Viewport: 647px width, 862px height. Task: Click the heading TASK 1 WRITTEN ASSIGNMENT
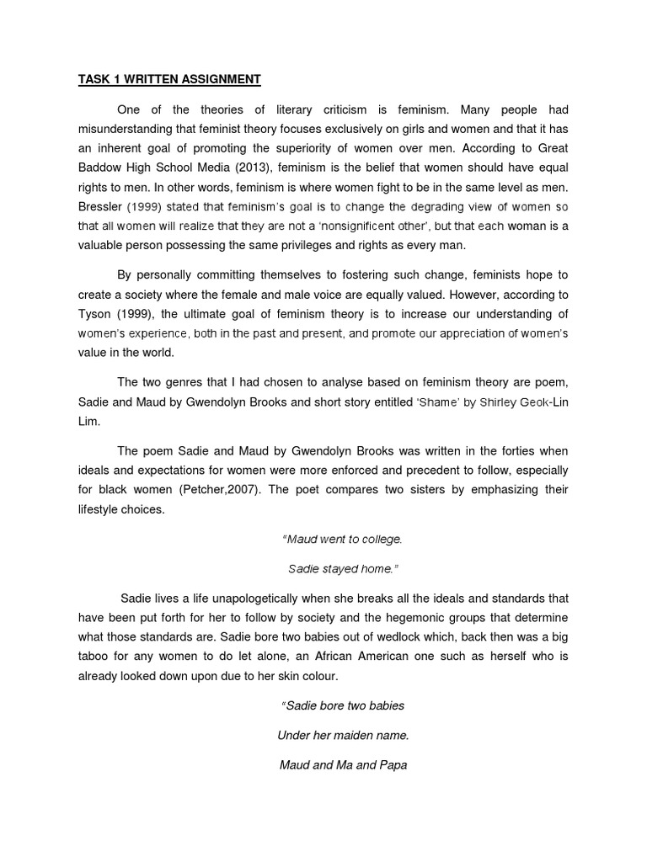tap(169, 80)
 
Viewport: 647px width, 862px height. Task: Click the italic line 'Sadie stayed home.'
tap(341, 568)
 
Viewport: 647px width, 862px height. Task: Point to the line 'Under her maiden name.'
tap(342, 736)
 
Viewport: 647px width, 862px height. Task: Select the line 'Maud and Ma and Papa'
tap(342, 765)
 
